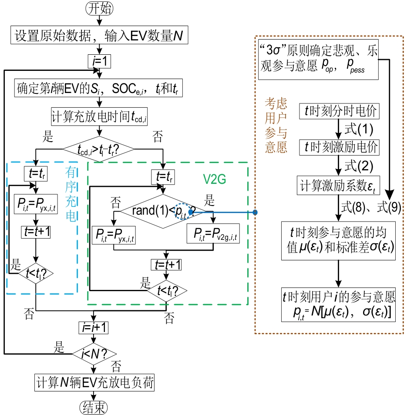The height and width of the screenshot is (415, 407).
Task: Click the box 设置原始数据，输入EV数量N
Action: pyautogui.click(x=100, y=36)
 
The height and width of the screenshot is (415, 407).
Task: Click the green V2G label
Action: pyautogui.click(x=215, y=179)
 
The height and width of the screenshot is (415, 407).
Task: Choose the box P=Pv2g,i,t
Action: pyautogui.click(x=213, y=235)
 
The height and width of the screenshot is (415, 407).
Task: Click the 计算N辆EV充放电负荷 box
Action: pyautogui.click(x=94, y=384)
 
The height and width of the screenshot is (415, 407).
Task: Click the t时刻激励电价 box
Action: pyautogui.click(x=339, y=148)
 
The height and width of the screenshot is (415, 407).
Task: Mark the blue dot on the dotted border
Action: pyautogui.click(x=255, y=212)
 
